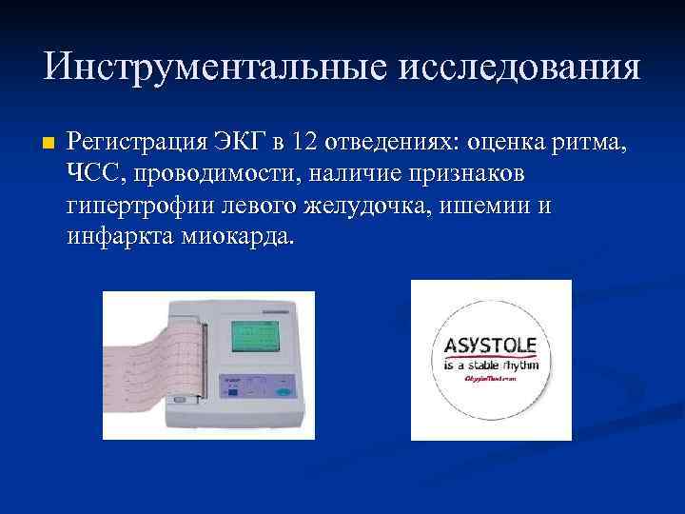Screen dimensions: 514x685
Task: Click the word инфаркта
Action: [x=119, y=236]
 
